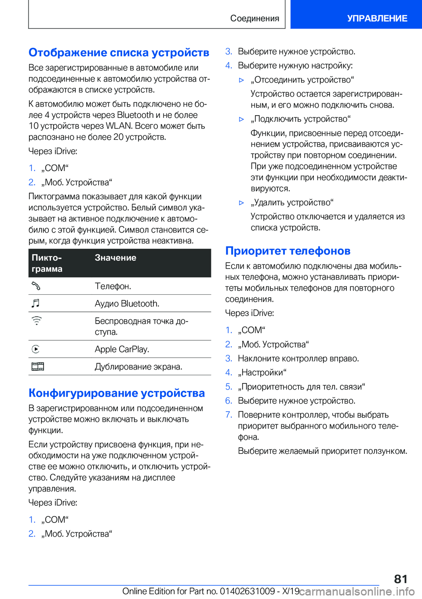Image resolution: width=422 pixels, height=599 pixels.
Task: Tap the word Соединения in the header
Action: (255, 18)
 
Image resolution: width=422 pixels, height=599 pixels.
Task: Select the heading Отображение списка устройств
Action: (119, 53)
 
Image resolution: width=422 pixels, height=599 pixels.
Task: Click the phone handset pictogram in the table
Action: (36, 286)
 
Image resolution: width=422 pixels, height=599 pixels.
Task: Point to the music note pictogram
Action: (36, 303)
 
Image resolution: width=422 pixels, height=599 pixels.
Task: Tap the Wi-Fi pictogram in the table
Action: (36, 321)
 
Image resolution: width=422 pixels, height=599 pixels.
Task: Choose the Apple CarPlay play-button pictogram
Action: (36, 349)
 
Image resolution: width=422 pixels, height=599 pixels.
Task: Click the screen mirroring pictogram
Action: (38, 366)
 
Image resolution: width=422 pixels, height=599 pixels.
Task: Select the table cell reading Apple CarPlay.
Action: (122, 349)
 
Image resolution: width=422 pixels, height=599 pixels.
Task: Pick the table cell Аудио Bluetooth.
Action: (127, 303)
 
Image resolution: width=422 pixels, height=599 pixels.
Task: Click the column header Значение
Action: (116, 258)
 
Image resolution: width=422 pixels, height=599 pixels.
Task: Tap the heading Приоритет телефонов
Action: (288, 251)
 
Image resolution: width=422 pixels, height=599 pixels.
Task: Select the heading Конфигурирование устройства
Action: (116, 393)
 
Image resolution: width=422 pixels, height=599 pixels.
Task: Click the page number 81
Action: (400, 579)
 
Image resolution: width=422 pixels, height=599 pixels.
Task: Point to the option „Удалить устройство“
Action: (292, 203)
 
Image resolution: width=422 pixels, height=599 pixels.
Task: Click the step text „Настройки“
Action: (262, 373)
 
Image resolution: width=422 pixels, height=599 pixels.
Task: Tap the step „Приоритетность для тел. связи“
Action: (301, 387)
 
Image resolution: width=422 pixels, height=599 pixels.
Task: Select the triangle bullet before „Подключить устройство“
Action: (241, 119)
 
